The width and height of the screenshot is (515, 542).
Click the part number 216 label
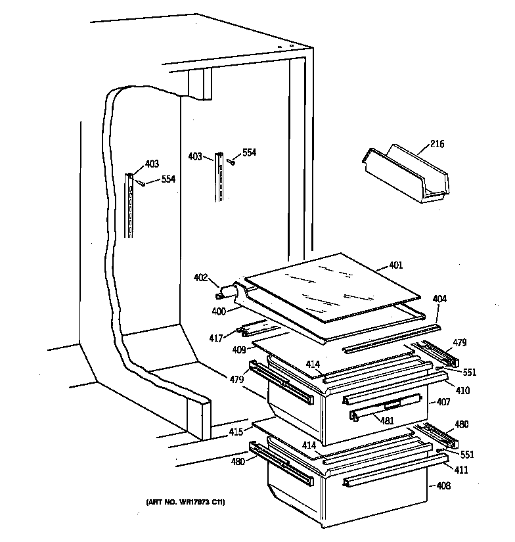coord(437,145)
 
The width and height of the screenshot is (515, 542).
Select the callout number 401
coord(396,265)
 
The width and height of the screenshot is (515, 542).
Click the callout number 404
coord(439,299)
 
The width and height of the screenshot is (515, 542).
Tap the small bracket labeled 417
coord(252,328)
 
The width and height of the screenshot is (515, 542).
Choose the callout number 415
coord(236,432)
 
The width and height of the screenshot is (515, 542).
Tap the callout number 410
coord(462,390)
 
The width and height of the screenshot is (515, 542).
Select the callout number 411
coord(462,470)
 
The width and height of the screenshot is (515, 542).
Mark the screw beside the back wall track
coord(231,160)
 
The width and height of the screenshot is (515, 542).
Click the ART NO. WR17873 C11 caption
coord(185,503)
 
